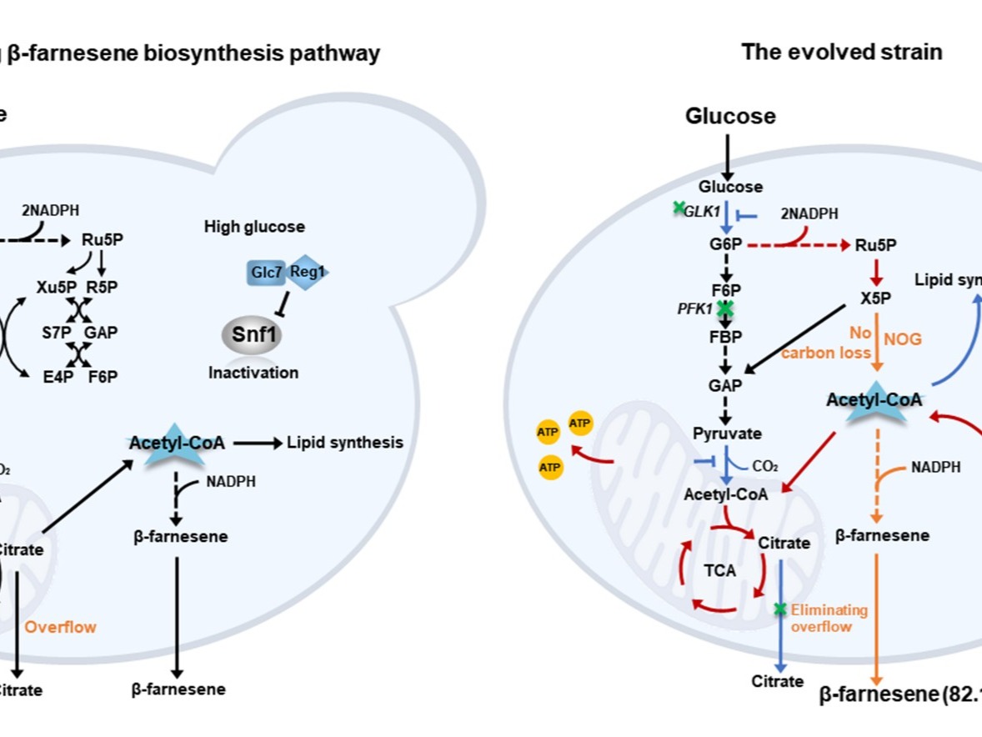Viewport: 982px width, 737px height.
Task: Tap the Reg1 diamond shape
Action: pyautogui.click(x=308, y=272)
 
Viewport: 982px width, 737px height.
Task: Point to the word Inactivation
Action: pyautogui.click(x=253, y=373)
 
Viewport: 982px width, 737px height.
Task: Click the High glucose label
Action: pyautogui.click(x=254, y=227)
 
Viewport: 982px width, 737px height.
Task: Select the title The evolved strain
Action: pyautogui.click(x=842, y=52)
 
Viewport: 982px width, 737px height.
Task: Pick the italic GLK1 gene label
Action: pyautogui.click(x=701, y=212)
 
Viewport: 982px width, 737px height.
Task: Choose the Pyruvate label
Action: pyautogui.click(x=727, y=434)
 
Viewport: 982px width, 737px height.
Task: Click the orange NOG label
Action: pyautogui.click(x=903, y=338)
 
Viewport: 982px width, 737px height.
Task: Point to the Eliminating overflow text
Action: pyautogui.click(x=829, y=618)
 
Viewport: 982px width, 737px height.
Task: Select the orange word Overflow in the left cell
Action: pyautogui.click(x=60, y=626)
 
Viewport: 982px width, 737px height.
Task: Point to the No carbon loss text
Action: pyautogui.click(x=820, y=343)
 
